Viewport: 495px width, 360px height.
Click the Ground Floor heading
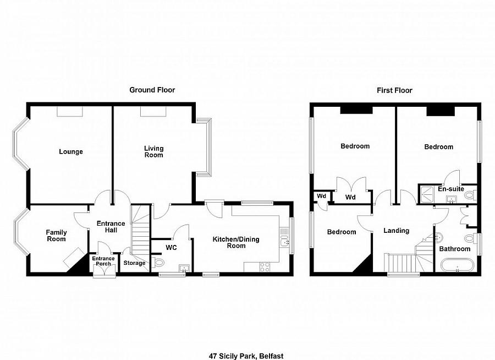click(x=152, y=90)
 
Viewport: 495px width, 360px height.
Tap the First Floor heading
click(x=394, y=90)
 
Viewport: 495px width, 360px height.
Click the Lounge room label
click(x=71, y=152)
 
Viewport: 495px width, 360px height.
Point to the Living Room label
click(x=154, y=151)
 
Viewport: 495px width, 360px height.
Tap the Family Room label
click(x=56, y=236)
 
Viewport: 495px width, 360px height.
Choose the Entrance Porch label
click(x=103, y=261)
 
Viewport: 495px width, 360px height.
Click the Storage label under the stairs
click(x=134, y=263)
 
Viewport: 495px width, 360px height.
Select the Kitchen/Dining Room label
click(x=237, y=243)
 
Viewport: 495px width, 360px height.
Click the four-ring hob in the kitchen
click(x=264, y=267)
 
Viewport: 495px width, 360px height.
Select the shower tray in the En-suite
click(x=426, y=192)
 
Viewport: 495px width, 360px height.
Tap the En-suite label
click(x=450, y=189)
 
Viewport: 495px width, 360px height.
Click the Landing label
click(x=396, y=231)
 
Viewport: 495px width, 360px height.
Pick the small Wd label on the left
click(x=320, y=197)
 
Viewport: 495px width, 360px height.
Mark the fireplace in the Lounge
click(x=70, y=112)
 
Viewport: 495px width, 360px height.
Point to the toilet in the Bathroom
click(x=469, y=238)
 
